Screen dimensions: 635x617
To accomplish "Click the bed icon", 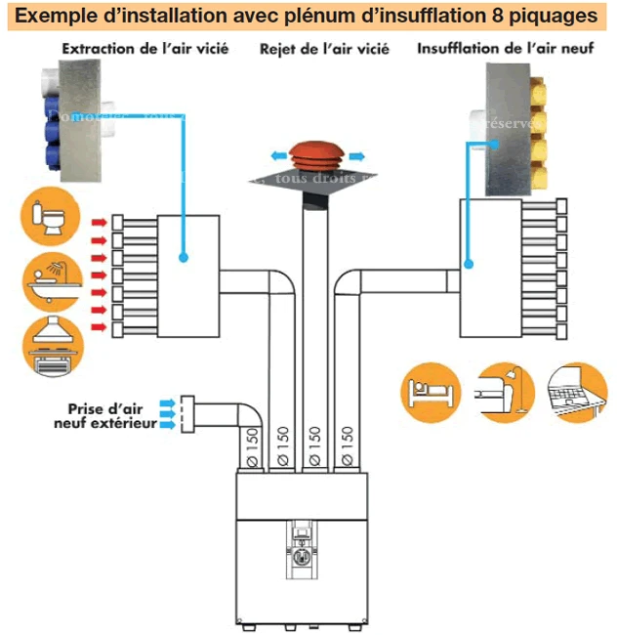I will pos(428,394).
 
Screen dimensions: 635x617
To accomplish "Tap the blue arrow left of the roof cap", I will pos(278,154).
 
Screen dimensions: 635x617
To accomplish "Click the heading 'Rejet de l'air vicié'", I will pos(323,49).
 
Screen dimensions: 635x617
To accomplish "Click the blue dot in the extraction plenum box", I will pos(184,257).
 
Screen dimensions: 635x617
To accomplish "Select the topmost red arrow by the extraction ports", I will pos(99,222).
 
